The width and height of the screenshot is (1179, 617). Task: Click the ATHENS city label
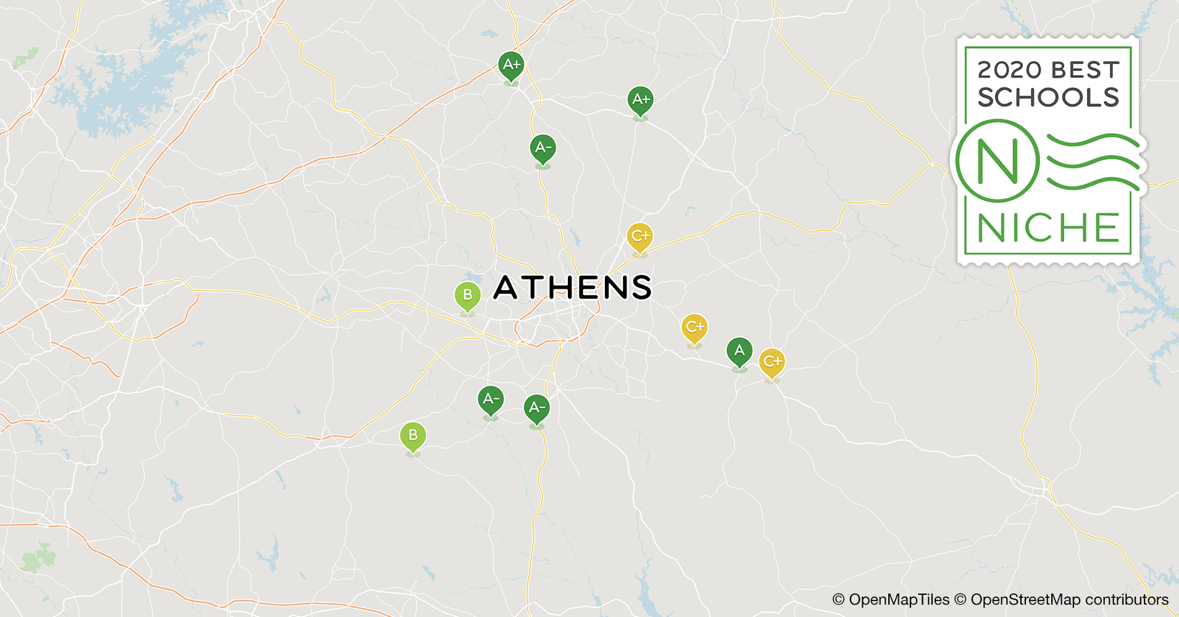572,288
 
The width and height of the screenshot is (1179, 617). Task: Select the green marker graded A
739,352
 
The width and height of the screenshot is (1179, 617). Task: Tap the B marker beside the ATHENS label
467,295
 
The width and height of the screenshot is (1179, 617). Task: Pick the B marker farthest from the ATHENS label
413,436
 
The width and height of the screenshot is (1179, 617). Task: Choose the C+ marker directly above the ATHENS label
639,236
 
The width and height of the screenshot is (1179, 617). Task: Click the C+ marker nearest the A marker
772,362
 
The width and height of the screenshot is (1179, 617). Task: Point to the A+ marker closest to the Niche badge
641,100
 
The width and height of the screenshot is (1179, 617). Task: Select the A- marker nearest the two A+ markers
543,148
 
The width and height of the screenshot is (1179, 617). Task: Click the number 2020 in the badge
1009,70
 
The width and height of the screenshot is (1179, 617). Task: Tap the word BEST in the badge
1085,70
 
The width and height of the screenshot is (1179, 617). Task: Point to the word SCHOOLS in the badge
1048,97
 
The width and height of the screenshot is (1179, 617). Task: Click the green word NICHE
1048,228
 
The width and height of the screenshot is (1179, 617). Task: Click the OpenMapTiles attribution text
899,600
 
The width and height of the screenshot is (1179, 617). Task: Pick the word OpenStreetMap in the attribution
1025,600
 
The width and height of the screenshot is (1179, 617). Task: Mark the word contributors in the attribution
1127,600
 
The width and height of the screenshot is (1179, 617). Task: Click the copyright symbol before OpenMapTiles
838,600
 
